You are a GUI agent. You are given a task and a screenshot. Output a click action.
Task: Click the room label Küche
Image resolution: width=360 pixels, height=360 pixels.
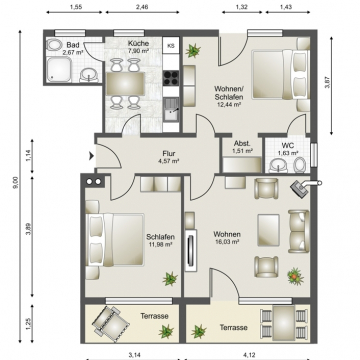(x=138, y=44)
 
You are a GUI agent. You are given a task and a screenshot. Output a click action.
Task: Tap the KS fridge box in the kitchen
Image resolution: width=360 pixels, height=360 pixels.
(x=171, y=45)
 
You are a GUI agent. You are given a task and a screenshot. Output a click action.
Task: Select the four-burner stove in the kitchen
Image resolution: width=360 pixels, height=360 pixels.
(x=171, y=78)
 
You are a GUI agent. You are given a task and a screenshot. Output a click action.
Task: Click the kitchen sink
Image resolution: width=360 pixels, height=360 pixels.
(x=171, y=109)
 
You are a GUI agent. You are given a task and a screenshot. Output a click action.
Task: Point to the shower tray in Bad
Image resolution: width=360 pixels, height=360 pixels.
(x=59, y=69)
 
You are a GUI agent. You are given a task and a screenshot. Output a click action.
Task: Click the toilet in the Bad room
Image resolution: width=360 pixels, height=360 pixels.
(x=53, y=45)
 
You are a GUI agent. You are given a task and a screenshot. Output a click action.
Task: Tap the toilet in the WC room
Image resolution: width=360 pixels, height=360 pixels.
(x=300, y=165)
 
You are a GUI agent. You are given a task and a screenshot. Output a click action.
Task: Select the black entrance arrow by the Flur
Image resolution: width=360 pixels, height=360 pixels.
(x=91, y=156)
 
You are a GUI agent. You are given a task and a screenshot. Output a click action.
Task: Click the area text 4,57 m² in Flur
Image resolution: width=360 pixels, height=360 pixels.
(x=169, y=161)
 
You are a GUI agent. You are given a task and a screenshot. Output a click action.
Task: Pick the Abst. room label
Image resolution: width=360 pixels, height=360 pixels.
(x=242, y=143)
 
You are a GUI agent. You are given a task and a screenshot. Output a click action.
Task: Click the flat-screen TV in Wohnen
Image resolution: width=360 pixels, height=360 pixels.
(x=191, y=250)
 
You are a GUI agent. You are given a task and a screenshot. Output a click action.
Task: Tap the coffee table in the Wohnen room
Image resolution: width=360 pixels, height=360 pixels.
(x=268, y=230)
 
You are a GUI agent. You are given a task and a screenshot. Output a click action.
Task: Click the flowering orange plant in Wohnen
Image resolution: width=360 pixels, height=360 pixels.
(x=295, y=276)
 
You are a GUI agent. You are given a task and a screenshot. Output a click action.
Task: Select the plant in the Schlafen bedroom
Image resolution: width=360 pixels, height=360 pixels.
(x=170, y=279)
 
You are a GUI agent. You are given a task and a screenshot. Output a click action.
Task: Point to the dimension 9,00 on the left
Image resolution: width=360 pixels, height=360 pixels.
(x=15, y=183)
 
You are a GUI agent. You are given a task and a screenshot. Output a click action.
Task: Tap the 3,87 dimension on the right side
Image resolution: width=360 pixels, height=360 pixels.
(x=327, y=82)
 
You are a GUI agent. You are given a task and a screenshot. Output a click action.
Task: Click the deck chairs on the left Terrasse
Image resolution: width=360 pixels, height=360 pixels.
(x=111, y=322)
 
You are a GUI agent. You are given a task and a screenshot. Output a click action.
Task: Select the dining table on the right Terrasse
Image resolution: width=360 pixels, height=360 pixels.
(x=284, y=323)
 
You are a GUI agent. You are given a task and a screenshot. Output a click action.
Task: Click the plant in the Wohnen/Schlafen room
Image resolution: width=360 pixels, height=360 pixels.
(x=193, y=51)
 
